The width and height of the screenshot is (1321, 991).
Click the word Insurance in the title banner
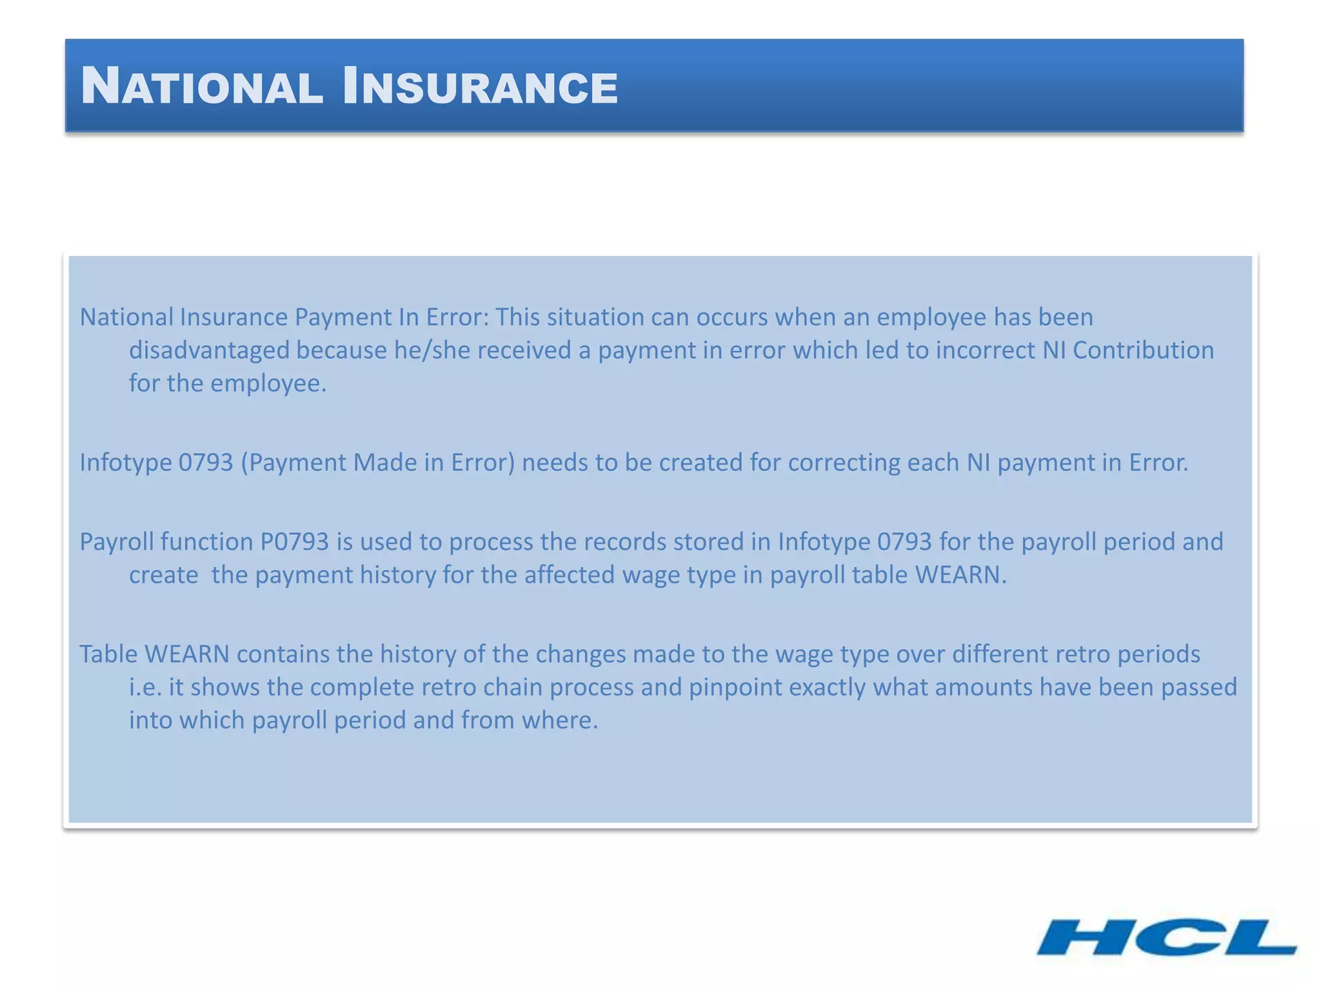point(480,86)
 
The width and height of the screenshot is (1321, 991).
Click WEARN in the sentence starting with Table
point(187,654)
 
